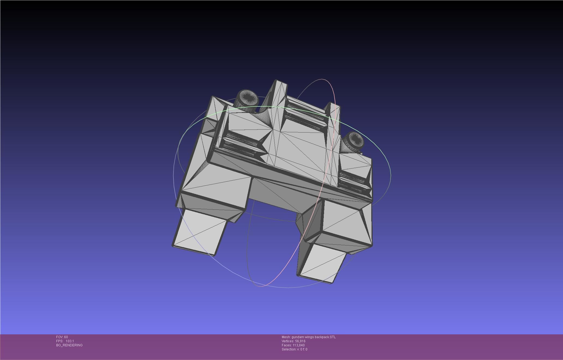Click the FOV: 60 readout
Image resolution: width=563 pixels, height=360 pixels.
(62, 337)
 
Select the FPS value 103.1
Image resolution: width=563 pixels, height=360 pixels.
(70, 341)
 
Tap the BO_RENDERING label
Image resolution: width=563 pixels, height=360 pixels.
(69, 345)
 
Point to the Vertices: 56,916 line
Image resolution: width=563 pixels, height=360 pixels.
(294, 341)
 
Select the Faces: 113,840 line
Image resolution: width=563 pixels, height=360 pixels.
(293, 345)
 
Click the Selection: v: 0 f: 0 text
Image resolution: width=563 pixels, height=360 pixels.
(294, 349)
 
